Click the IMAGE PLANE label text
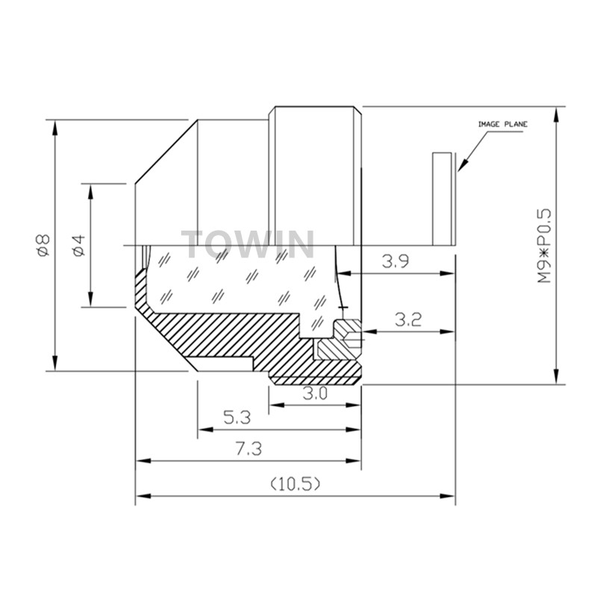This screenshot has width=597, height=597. point(502,124)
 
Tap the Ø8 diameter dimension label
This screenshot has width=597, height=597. point(44,245)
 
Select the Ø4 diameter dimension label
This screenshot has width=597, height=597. point(79,246)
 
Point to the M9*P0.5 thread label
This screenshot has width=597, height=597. point(545,246)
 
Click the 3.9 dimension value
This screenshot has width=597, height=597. point(396,262)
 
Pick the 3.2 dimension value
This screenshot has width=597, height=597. point(408,320)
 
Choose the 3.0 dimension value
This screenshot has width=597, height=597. point(315,394)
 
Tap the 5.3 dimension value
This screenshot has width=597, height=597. point(237,418)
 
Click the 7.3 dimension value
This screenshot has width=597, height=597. point(249,449)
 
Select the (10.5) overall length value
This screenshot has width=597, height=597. point(296,484)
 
